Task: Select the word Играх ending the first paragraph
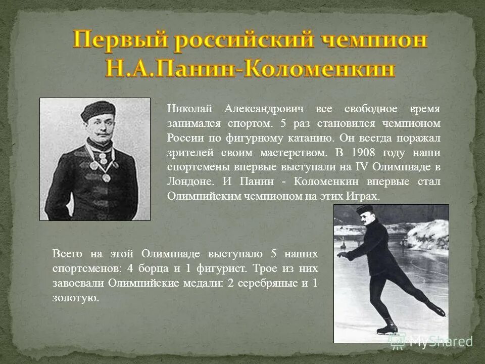click(364, 196)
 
